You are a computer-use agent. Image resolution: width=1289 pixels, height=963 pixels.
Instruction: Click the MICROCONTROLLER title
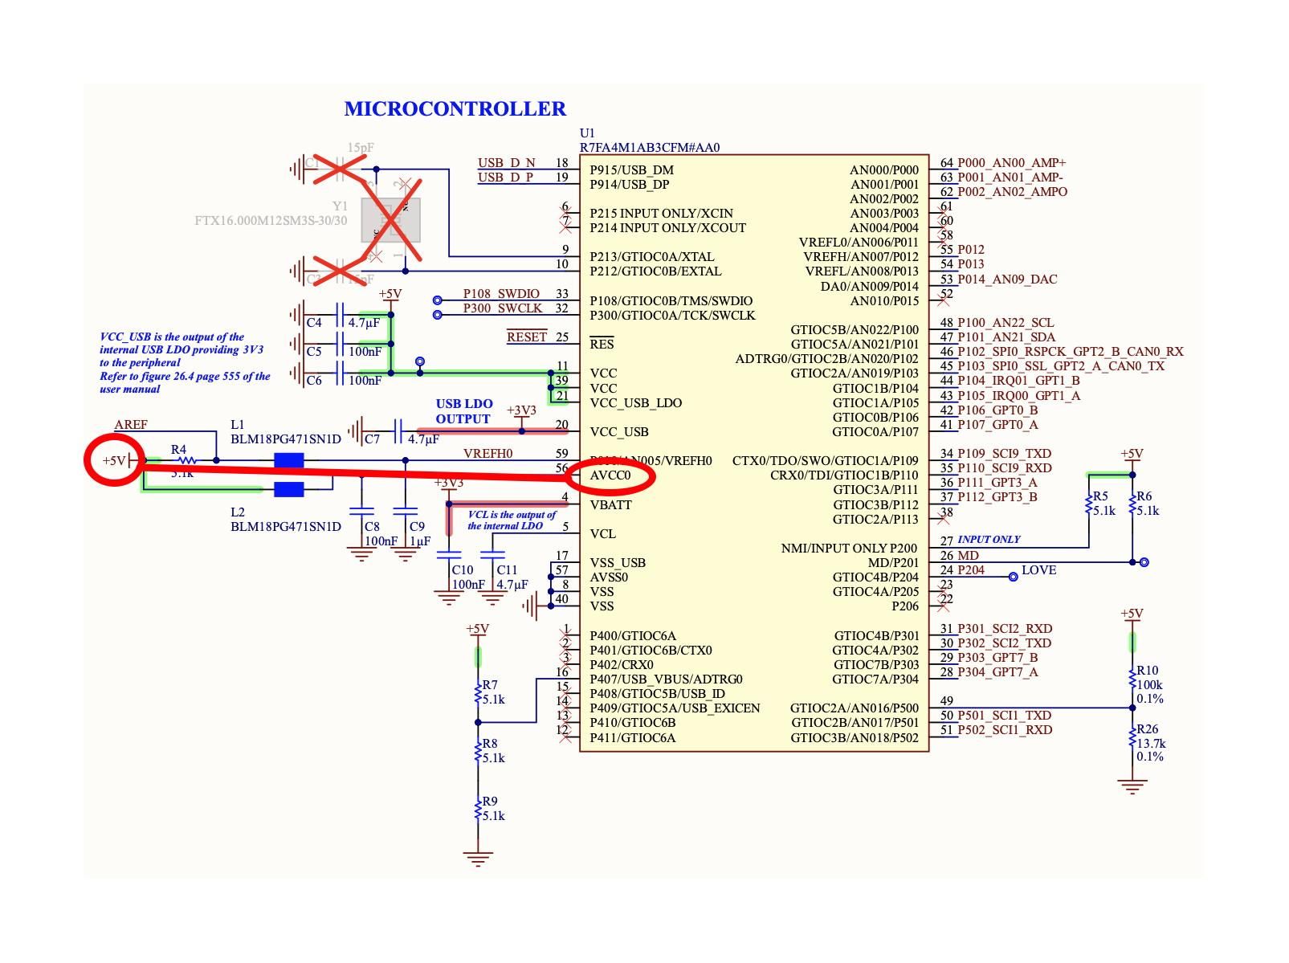(x=455, y=108)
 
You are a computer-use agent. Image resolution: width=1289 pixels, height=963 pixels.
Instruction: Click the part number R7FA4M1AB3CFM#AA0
(x=649, y=148)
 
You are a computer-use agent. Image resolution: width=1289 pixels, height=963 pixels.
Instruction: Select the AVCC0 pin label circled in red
(x=610, y=475)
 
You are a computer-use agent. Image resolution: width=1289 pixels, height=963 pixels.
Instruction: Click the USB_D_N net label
(x=506, y=163)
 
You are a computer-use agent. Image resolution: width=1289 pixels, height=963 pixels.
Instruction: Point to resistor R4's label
(x=178, y=450)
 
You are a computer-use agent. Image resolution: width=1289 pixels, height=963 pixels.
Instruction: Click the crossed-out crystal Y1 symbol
(x=390, y=219)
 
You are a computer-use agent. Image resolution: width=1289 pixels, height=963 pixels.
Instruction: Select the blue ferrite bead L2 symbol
(x=288, y=490)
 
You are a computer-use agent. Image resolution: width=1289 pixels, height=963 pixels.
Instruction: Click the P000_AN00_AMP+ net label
(x=1011, y=163)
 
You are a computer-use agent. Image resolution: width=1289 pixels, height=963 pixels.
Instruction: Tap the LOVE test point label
(x=1038, y=570)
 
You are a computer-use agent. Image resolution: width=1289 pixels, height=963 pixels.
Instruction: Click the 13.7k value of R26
(x=1150, y=744)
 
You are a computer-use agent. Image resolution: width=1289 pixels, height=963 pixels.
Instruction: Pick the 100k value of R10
(x=1149, y=685)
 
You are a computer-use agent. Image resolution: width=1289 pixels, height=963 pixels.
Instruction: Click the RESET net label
(x=526, y=337)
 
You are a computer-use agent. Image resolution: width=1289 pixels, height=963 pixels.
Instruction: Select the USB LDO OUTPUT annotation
(x=463, y=411)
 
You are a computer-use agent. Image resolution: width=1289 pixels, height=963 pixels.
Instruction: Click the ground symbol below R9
(x=478, y=859)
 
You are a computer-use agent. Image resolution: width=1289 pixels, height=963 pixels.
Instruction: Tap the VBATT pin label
(x=610, y=505)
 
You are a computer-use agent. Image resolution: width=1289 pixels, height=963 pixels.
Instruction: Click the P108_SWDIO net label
(x=501, y=294)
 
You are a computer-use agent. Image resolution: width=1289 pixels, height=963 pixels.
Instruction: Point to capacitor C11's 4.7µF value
(x=512, y=585)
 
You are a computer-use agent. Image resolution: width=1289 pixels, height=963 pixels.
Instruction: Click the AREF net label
(x=131, y=425)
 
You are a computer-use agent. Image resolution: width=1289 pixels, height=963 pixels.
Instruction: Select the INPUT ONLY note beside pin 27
(x=989, y=540)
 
